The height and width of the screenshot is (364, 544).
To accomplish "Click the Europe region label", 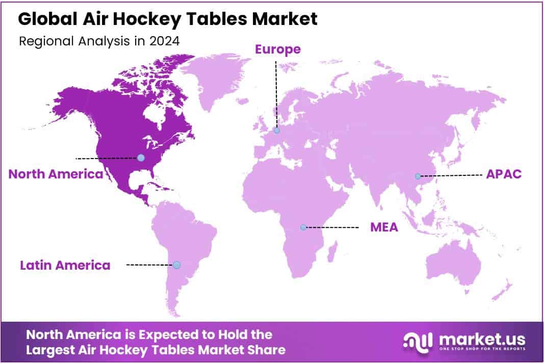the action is [277, 49].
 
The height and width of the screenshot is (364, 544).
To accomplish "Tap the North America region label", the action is [56, 174].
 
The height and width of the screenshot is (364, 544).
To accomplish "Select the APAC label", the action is [504, 174].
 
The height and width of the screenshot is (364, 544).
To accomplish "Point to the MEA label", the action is [384, 227].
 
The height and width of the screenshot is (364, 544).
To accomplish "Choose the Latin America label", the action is [65, 265].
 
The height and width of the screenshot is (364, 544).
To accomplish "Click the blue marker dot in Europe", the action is [276, 131].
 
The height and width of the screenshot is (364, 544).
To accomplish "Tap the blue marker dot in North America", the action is [141, 158].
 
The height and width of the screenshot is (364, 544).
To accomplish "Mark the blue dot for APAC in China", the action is [418, 176].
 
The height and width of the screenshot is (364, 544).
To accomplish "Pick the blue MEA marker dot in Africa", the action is [303, 228].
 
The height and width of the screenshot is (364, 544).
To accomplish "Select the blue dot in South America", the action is [176, 265].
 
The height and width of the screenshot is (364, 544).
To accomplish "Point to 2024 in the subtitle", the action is [165, 41].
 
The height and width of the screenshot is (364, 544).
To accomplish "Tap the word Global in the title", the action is [47, 18].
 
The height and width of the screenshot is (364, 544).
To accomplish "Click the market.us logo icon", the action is [418, 342].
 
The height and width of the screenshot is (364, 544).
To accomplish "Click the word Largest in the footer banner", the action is [50, 350].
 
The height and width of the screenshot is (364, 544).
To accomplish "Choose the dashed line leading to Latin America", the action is [150, 265].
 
